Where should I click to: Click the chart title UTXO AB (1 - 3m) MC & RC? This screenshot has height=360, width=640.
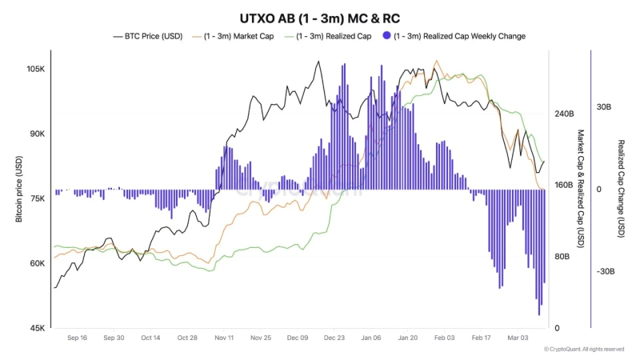coord(319,18)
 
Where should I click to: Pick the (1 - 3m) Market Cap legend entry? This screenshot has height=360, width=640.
coord(239,36)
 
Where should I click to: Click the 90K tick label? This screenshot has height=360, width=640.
coord(37,134)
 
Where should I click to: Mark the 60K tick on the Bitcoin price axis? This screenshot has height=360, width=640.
coord(37,263)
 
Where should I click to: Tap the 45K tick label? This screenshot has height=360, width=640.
coord(37,328)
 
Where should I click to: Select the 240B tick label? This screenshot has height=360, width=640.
coord(565,114)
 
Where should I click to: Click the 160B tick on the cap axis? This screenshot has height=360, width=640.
coord(565,185)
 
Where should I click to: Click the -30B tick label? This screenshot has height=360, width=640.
coord(604,271)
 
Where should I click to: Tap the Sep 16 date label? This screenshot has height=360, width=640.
coord(77,338)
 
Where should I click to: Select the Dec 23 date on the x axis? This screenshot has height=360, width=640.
coord(334,338)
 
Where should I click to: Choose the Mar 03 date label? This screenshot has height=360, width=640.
coord(518,338)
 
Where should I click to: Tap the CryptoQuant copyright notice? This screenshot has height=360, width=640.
coord(583,350)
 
